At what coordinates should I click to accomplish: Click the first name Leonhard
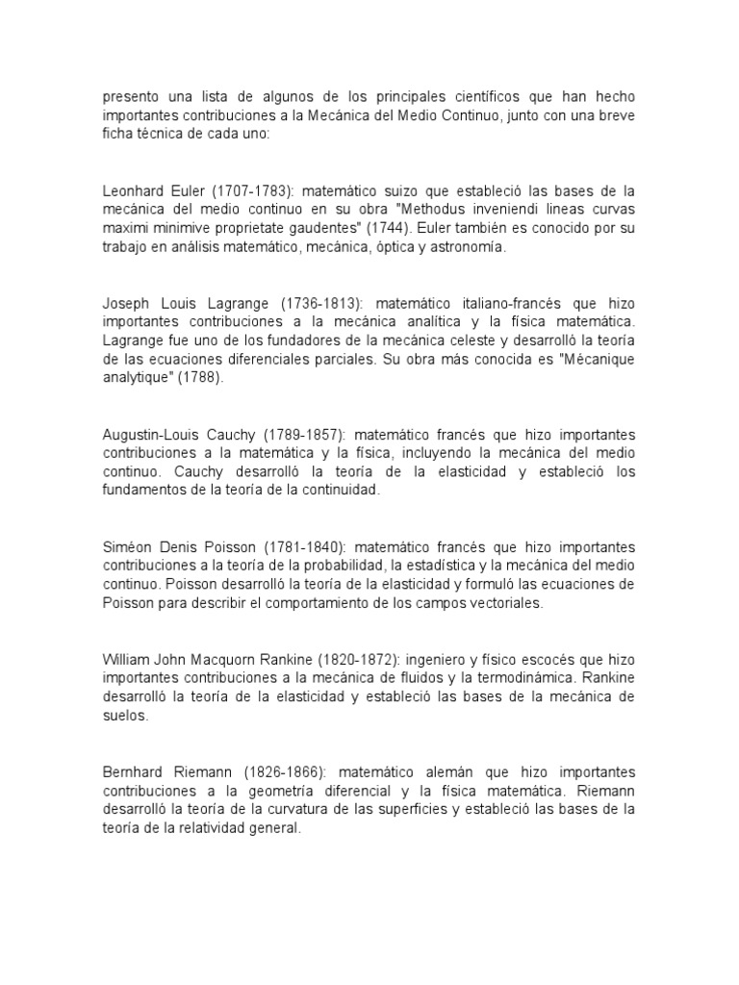pyautogui.click(x=135, y=191)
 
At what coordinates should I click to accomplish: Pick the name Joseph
pyautogui.click(x=125, y=303)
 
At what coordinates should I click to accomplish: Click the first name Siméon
pyautogui.click(x=130, y=547)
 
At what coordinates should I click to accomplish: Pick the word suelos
pyautogui.click(x=124, y=716)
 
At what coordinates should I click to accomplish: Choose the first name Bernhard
pyautogui.click(x=136, y=772)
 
